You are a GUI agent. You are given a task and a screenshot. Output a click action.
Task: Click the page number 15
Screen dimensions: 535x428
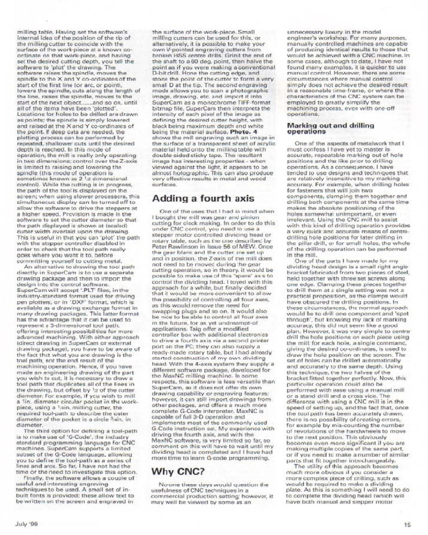[408, 524]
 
